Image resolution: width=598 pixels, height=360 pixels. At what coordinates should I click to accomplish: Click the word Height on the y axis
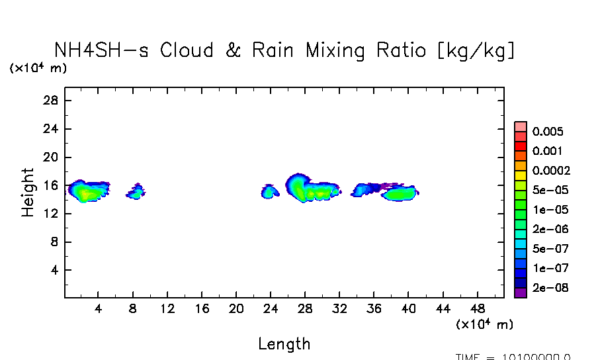click(x=28, y=192)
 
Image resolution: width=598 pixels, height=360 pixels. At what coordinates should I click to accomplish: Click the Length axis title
click(x=284, y=344)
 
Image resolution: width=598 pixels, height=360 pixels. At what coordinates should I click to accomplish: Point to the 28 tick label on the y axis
click(x=52, y=101)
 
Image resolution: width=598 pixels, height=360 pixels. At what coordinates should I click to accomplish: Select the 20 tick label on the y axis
click(x=52, y=157)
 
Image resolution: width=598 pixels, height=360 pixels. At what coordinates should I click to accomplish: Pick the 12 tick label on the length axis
click(x=167, y=309)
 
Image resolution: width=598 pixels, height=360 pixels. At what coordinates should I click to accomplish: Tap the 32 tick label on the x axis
click(x=339, y=309)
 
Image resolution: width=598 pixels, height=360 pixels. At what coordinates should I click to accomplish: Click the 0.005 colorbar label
click(x=548, y=132)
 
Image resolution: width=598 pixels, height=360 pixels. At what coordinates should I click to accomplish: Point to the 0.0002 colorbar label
click(x=551, y=171)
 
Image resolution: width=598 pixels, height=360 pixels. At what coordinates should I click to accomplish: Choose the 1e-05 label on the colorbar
click(x=548, y=210)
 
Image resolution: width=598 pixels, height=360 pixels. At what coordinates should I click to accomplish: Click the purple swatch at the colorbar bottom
click(x=521, y=292)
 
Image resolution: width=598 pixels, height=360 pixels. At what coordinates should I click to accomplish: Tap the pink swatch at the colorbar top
click(x=521, y=127)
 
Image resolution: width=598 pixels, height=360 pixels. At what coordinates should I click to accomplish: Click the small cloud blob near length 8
click(x=136, y=193)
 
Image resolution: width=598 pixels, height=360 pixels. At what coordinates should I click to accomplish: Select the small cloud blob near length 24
click(x=270, y=192)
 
